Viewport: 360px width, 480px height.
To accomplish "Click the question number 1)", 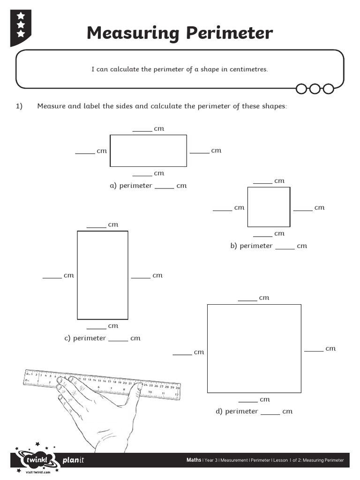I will click(x=19, y=106).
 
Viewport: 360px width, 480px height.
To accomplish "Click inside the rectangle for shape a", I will click(x=148, y=150).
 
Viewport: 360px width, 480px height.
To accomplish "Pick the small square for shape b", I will click(x=269, y=207).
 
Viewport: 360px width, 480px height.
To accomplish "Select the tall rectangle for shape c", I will click(x=102, y=275).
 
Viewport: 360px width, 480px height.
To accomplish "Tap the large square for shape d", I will click(x=254, y=348).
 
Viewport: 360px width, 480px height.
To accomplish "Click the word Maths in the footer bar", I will click(x=194, y=460).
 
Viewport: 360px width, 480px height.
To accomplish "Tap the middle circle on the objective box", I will click(x=315, y=89).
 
